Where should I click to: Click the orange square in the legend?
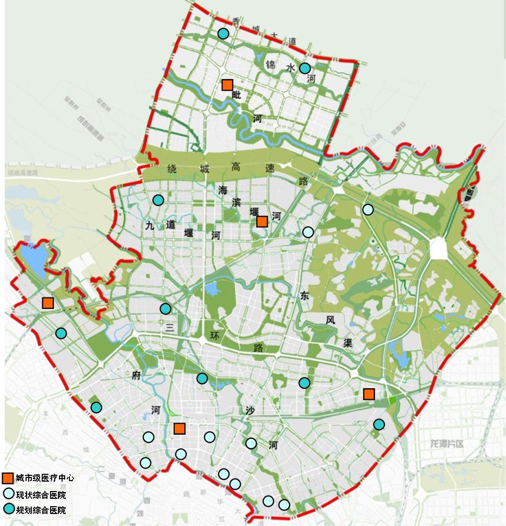coord(8,478)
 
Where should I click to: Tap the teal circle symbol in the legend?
coord(8,509)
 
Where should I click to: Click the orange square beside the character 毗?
coord(227,85)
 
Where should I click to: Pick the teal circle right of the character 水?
coord(305,68)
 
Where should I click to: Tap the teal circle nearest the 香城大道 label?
coord(223,33)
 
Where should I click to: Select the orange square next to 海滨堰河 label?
coord(262,221)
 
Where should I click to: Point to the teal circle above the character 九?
coord(158,200)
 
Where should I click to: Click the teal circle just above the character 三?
coord(165,308)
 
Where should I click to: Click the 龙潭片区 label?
coord(447,444)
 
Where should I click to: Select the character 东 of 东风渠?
coord(305,296)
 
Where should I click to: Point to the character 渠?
coord(348,343)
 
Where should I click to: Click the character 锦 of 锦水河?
coord(270,66)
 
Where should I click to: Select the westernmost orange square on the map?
coord(48,303)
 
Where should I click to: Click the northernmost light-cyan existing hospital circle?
coord(368,209)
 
